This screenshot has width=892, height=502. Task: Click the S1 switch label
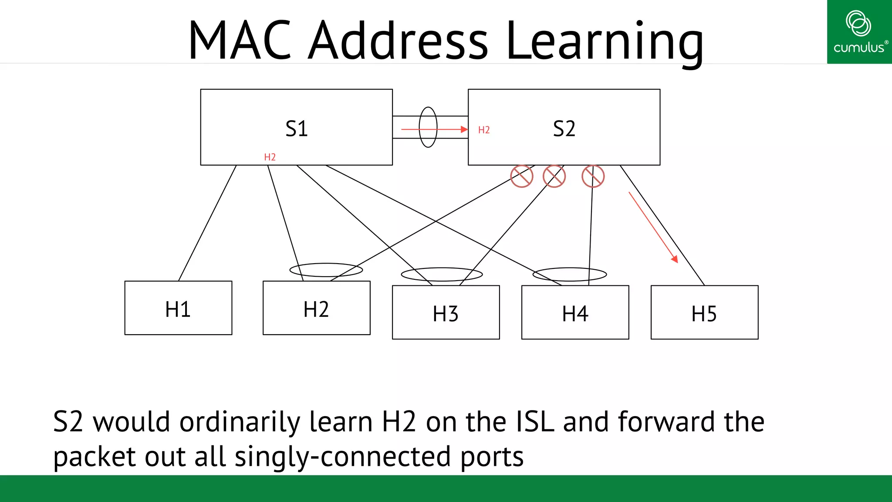pyautogui.click(x=297, y=129)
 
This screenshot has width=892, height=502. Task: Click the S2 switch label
pyautogui.click(x=564, y=129)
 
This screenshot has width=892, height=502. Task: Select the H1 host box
pyautogui.click(x=178, y=308)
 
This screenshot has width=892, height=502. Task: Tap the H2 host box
pyautogui.click(x=317, y=308)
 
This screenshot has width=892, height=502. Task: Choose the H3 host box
pyautogui.click(x=446, y=312)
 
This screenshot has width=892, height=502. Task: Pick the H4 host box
pyautogui.click(x=575, y=312)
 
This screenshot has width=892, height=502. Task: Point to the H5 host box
pyautogui.click(x=704, y=312)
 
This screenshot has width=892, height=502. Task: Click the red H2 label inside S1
pyautogui.click(x=270, y=157)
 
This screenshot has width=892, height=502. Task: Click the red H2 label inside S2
pyautogui.click(x=484, y=130)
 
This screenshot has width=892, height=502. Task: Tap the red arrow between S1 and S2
pyautogui.click(x=433, y=129)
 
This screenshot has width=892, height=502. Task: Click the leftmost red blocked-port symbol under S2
pyautogui.click(x=522, y=176)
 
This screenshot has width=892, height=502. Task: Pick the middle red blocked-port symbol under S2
pyautogui.click(x=554, y=176)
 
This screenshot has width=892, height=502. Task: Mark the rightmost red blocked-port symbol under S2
pyautogui.click(x=593, y=176)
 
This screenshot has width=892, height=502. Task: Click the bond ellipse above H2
pyautogui.click(x=326, y=270)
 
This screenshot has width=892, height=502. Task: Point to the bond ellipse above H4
pyautogui.click(x=570, y=274)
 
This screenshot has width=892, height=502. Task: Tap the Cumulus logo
pyautogui.click(x=859, y=32)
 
